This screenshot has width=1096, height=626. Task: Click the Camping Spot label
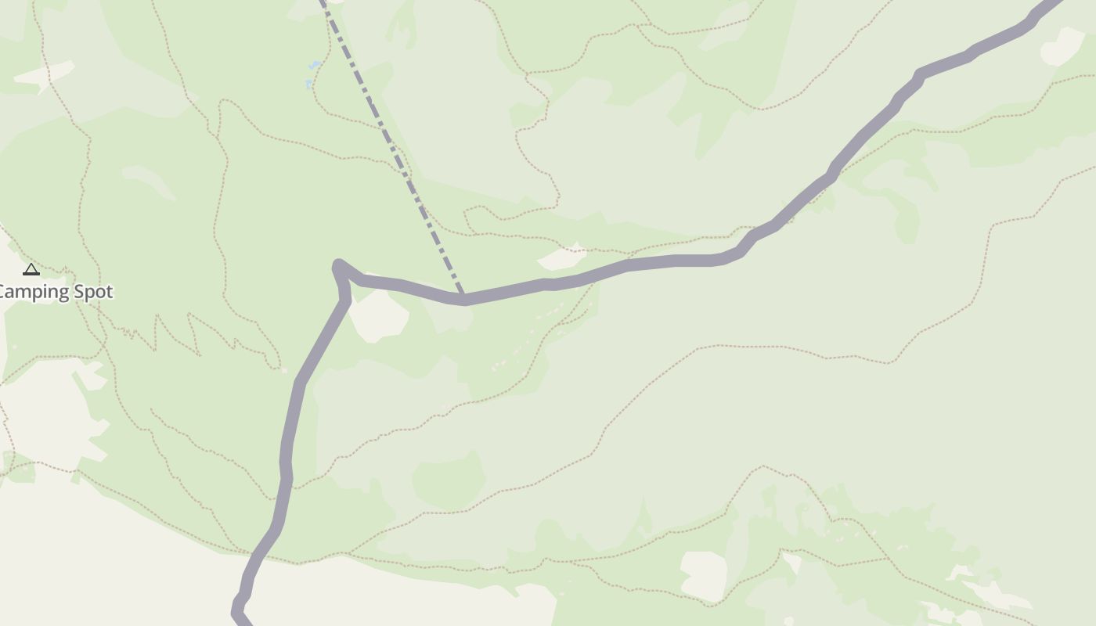click(x=55, y=292)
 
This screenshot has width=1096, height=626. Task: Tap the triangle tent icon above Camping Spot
click(x=31, y=270)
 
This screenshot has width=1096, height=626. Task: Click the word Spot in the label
click(x=93, y=292)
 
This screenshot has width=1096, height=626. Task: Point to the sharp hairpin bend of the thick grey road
click(x=339, y=267)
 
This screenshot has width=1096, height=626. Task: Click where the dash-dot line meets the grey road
click(x=463, y=298)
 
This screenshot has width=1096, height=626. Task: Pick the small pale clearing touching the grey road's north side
click(x=561, y=257)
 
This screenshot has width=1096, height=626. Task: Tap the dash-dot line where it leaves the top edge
click(x=323, y=3)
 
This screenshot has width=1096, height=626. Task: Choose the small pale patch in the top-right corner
click(x=1062, y=47)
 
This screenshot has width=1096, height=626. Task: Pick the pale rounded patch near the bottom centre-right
click(x=703, y=575)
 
